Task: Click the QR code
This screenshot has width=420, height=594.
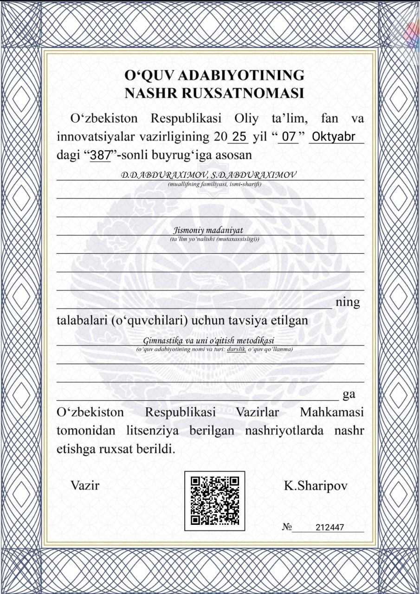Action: (215, 500)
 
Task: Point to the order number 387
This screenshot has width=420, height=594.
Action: (100, 155)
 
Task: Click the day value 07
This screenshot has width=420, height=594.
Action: (289, 137)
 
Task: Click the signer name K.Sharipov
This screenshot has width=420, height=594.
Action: (316, 486)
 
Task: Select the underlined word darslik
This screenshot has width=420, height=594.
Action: (236, 349)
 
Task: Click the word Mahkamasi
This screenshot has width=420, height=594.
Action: (332, 412)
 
